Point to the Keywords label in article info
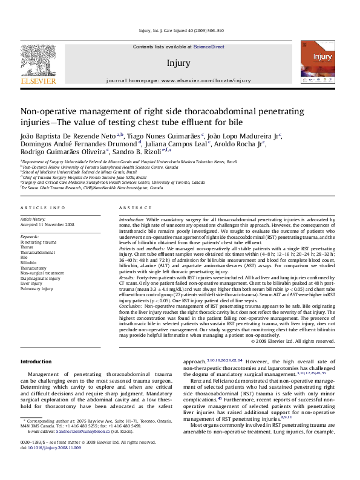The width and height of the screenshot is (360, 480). coord(30,235)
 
